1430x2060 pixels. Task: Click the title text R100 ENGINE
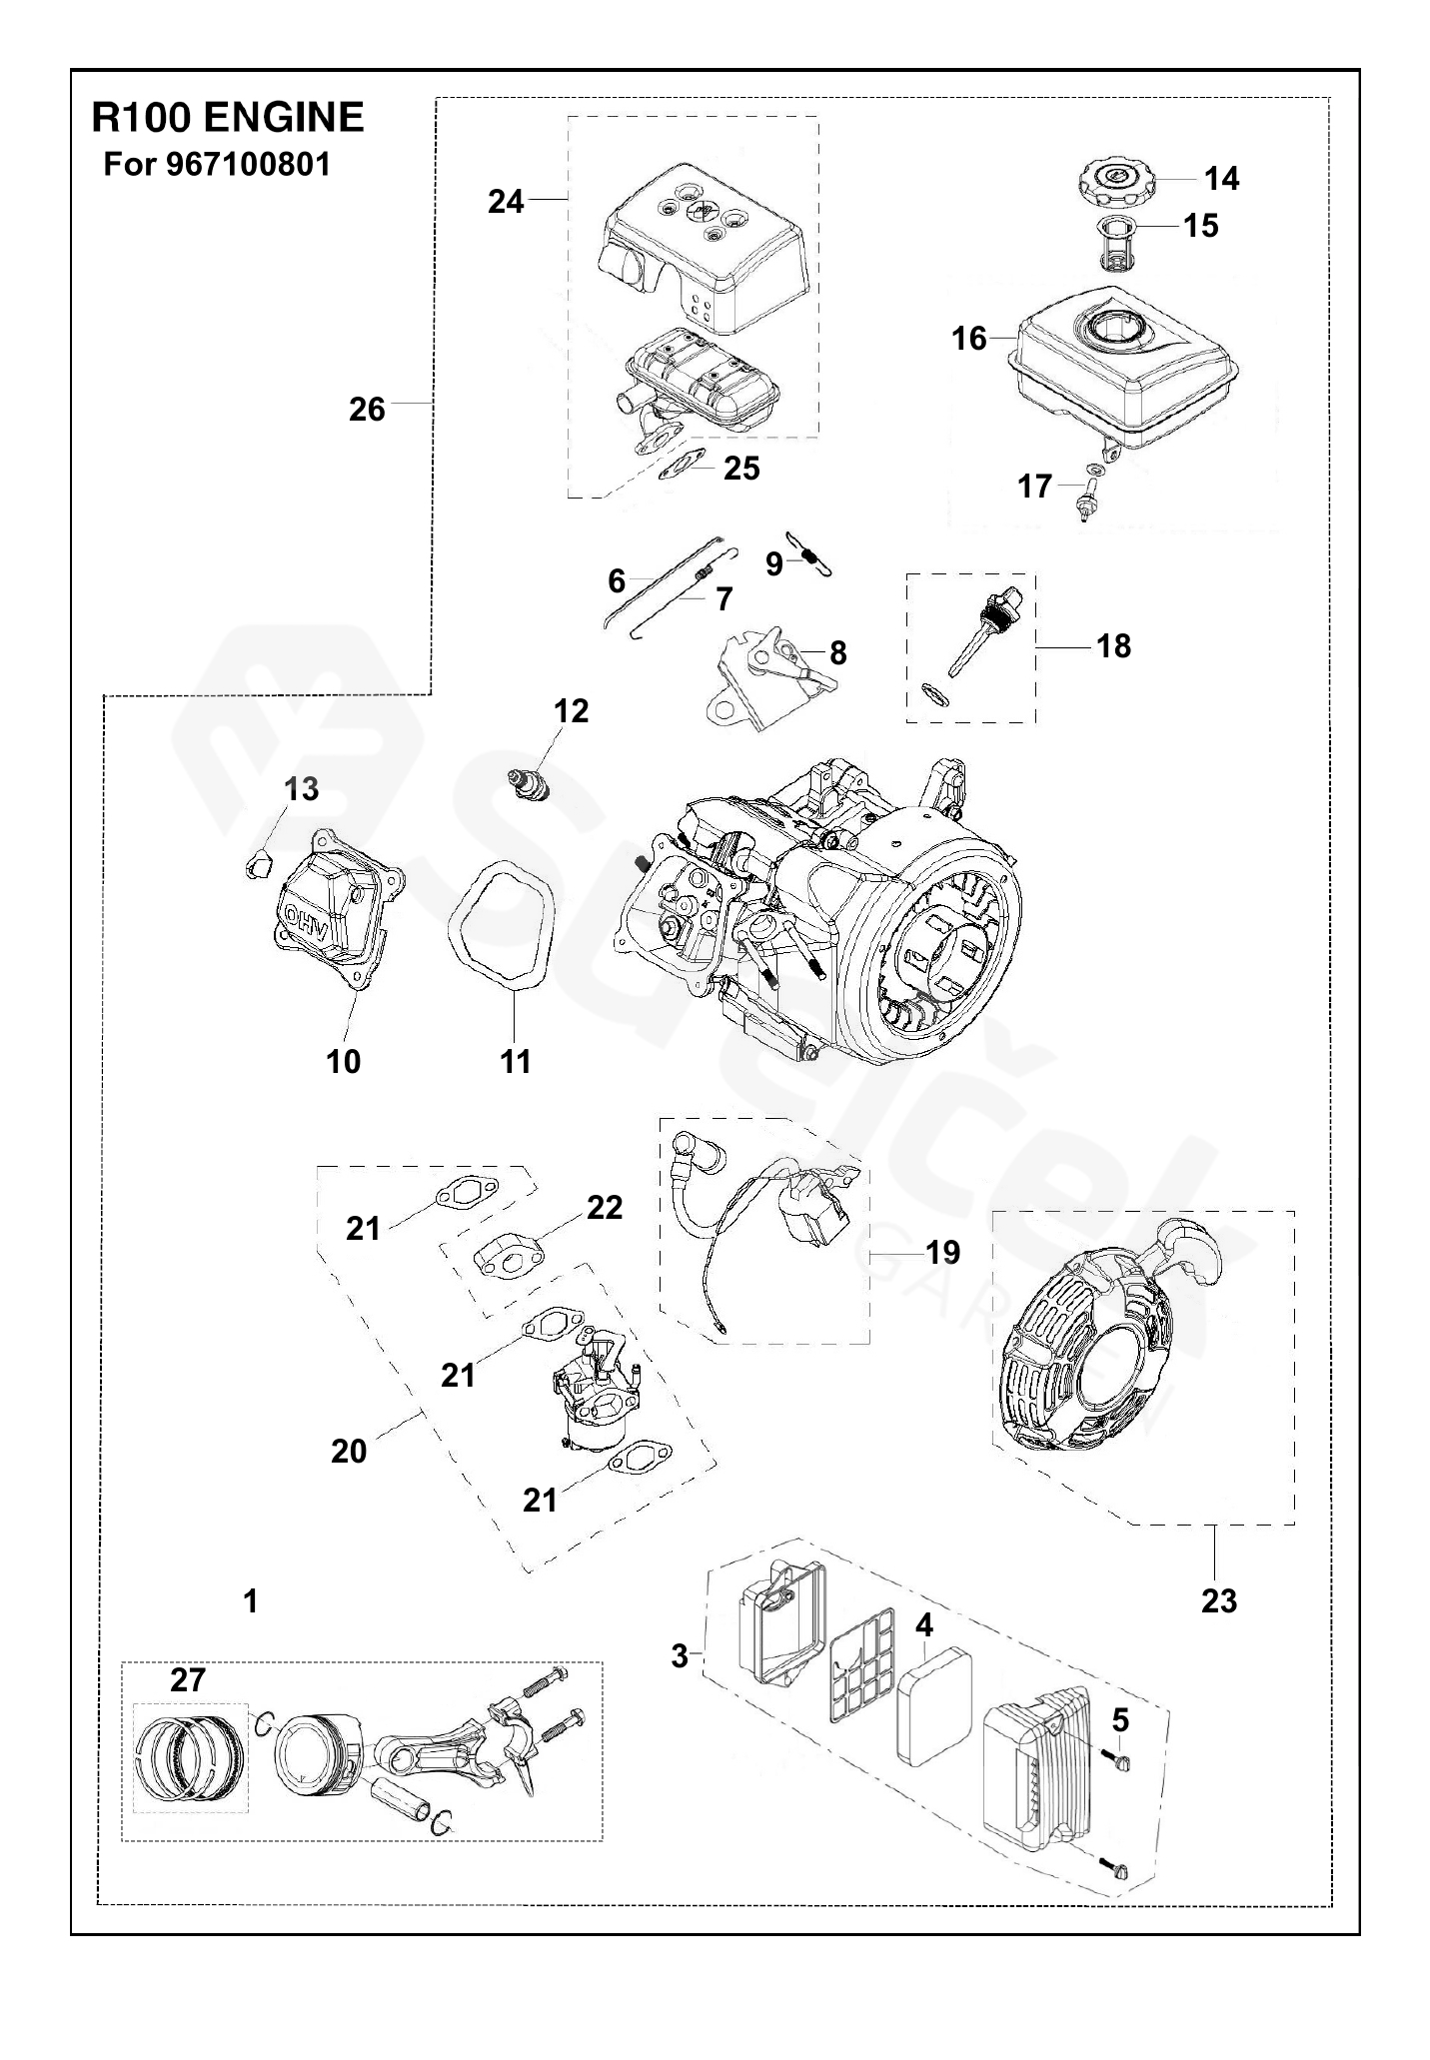pos(228,118)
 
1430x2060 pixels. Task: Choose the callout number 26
pos(367,410)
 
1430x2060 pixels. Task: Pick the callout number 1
pos(251,1600)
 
